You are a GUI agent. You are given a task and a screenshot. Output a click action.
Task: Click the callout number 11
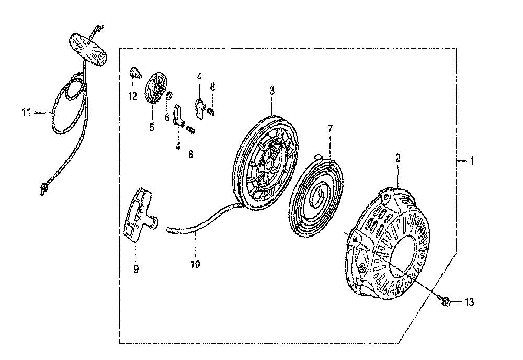[x=26, y=113]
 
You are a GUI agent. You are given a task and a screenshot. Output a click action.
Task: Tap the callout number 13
[x=469, y=302]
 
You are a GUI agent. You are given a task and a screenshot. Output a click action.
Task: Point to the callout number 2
[x=397, y=159]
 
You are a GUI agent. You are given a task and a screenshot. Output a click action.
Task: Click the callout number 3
[x=272, y=91]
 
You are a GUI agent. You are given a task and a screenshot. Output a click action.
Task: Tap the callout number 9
[x=136, y=268]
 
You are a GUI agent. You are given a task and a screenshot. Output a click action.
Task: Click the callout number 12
[x=133, y=96]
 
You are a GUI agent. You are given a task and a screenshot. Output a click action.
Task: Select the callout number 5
[x=152, y=127]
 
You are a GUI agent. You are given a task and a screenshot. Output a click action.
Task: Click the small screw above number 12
[x=134, y=73]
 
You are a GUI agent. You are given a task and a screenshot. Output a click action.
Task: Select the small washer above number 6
[x=168, y=96]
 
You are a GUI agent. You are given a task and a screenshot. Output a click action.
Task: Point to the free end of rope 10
[x=168, y=229]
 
